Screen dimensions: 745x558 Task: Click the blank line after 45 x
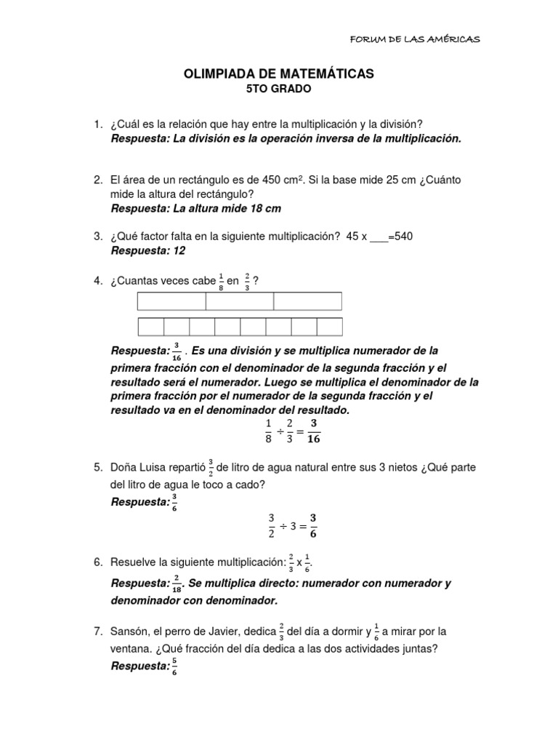click(x=379, y=238)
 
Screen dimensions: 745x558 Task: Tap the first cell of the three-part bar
click(x=171, y=300)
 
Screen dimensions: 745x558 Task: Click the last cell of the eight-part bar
click(x=329, y=327)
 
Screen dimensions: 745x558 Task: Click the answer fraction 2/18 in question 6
click(x=177, y=584)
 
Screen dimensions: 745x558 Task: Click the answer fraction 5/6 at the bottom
click(x=174, y=667)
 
